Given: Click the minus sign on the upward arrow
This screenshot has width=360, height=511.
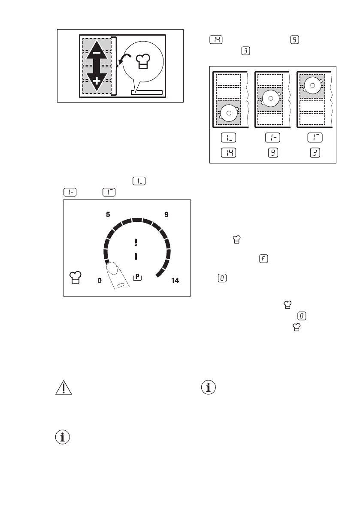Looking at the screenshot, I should [x=97, y=53].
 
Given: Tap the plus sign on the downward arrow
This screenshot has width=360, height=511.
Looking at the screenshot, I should [x=97, y=80].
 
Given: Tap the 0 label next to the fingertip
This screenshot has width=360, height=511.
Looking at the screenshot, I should [x=100, y=281].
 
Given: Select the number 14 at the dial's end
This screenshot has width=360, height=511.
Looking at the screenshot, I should [x=175, y=281].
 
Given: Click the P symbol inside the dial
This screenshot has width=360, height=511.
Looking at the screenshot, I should [x=137, y=277].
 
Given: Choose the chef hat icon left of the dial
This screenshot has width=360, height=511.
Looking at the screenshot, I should [x=75, y=277].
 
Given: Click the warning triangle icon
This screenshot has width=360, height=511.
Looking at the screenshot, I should [x=63, y=388].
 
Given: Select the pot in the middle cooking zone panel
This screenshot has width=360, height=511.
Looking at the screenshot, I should [x=270, y=98].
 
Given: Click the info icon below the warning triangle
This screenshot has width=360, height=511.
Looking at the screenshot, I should [x=63, y=438].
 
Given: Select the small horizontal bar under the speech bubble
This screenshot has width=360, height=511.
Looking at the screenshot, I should [x=147, y=92].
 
